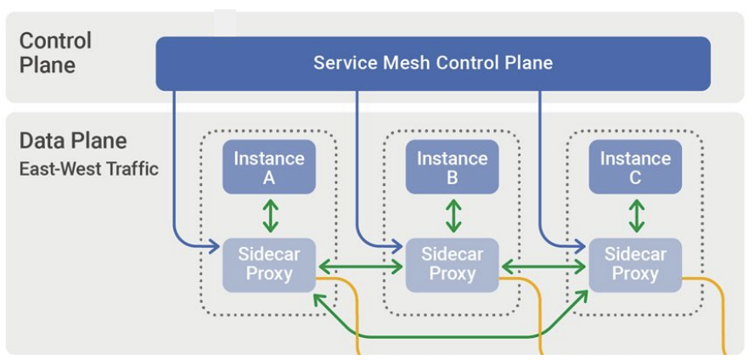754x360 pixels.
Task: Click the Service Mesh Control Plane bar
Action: (433, 64)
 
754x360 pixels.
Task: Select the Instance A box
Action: (269, 167)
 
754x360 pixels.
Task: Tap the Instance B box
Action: (452, 167)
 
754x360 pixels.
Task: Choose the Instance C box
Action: (635, 167)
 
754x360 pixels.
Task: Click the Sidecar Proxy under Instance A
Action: (269, 264)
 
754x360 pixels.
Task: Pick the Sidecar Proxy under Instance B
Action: (452, 264)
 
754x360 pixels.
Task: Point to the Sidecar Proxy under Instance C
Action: (635, 264)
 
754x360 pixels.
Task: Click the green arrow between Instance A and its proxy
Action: (270, 216)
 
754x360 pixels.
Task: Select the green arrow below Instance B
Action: (453, 216)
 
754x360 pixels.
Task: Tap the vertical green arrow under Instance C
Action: (636, 216)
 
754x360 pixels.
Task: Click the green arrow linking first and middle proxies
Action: (360, 267)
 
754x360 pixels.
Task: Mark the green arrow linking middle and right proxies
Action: (543, 267)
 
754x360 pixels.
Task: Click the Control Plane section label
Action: (55, 53)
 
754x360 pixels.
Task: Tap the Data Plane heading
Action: (73, 141)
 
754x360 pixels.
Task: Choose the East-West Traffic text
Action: (89, 169)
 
